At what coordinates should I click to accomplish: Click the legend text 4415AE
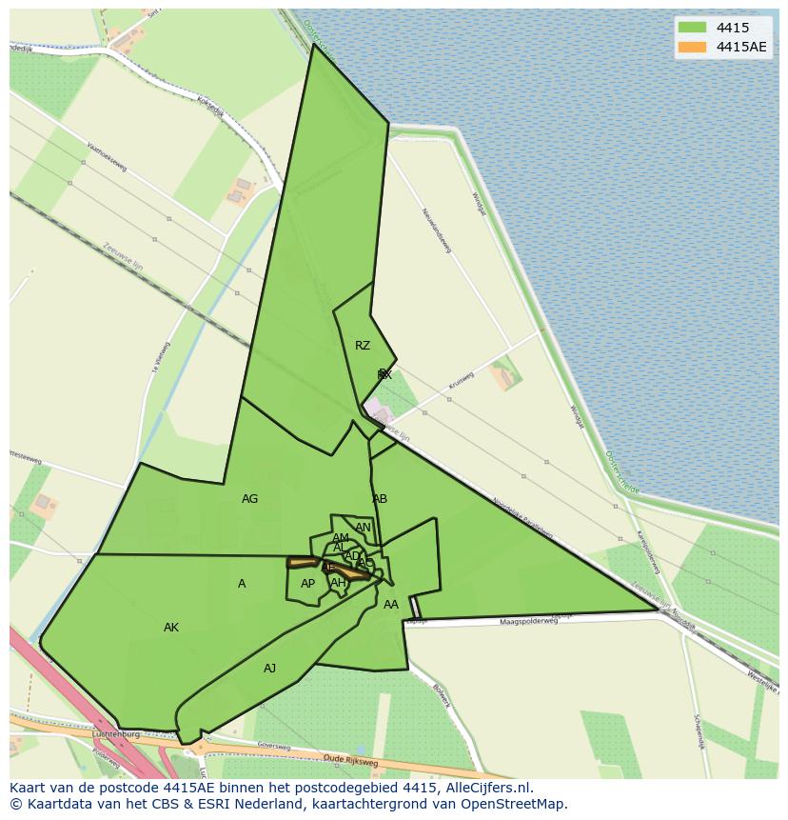coord(741,47)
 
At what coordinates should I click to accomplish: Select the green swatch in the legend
coord(692,28)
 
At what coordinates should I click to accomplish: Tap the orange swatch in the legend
coord(692,47)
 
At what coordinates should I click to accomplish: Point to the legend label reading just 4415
coord(732,28)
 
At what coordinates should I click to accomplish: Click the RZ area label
coord(363,346)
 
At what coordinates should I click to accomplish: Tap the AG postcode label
coord(250,499)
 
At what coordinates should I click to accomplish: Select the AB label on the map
coord(380,499)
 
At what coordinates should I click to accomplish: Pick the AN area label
coord(363,528)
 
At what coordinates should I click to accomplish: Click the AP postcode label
coord(307,584)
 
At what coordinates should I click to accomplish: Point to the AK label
coord(171,628)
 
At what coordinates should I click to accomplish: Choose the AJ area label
coord(270,669)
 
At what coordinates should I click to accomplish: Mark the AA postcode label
coord(391,605)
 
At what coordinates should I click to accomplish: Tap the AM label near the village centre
coord(341,538)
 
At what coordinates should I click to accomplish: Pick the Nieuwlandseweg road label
coord(437,231)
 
